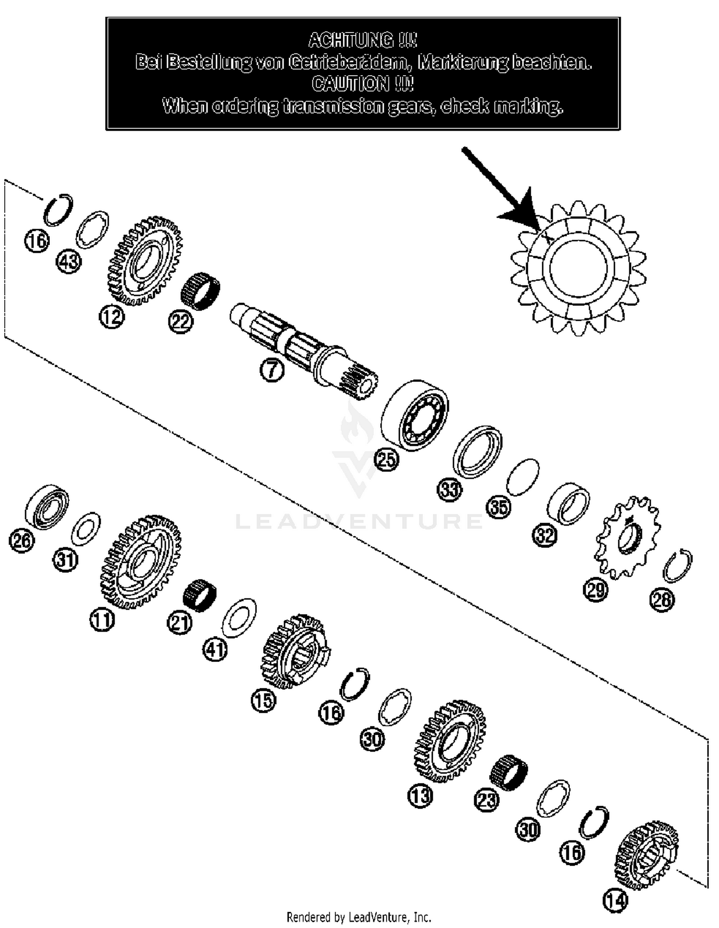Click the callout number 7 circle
pos(272,371)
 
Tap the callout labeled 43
pos(69,262)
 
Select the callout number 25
pos(386,459)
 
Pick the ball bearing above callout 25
pos(415,415)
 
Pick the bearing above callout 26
pos(46,508)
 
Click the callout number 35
pos(499,506)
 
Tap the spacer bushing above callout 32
pos(568,503)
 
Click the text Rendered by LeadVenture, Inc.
pos(359,917)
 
